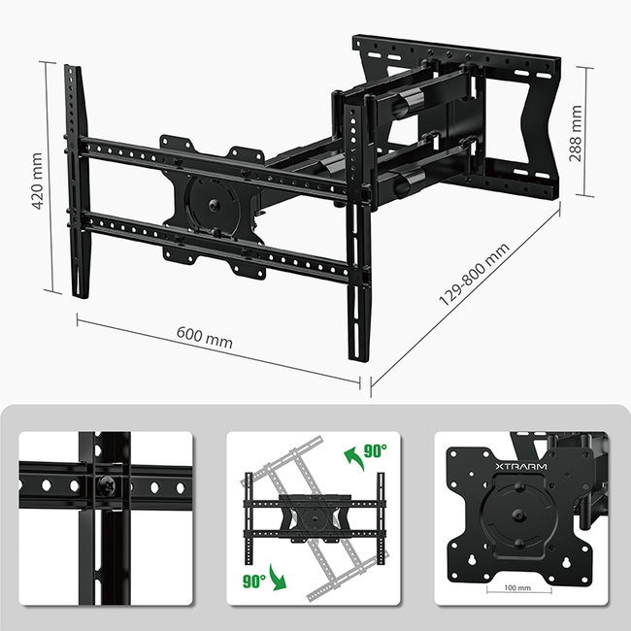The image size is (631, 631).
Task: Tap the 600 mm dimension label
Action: pyautogui.click(x=205, y=339)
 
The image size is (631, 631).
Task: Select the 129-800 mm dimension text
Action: pyautogui.click(x=474, y=277)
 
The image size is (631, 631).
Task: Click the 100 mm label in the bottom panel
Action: pyautogui.click(x=517, y=588)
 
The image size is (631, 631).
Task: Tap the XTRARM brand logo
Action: pyautogui.click(x=520, y=467)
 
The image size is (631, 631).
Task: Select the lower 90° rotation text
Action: pyautogui.click(x=254, y=581)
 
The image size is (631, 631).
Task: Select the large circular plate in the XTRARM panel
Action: pyautogui.click(x=516, y=518)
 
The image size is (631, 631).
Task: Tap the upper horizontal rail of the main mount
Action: pyautogui.click(x=214, y=167)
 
